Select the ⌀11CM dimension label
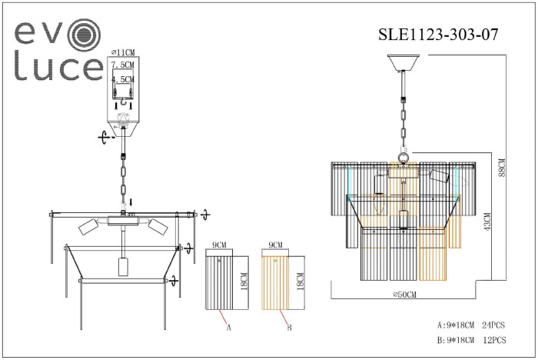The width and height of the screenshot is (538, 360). click(123, 52)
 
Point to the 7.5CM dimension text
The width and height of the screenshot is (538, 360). click(123, 65)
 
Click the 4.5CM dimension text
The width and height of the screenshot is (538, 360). click(123, 79)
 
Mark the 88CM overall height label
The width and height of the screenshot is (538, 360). click(501, 167)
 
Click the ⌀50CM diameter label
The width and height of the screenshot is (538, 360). click(403, 294)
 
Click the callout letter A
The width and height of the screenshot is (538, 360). click(228, 327)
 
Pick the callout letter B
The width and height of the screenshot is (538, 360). click(289, 327)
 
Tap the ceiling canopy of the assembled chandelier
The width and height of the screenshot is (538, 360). click(404, 61)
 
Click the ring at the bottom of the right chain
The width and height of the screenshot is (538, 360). click(402, 159)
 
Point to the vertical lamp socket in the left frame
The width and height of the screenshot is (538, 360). click(122, 267)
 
